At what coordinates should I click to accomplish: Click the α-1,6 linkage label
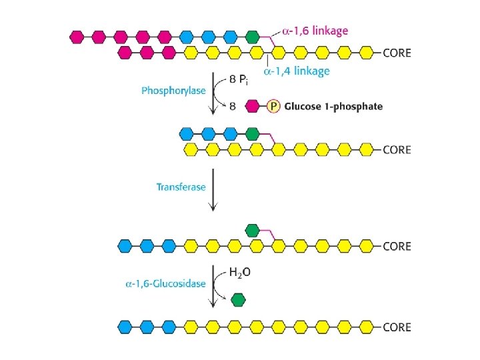[315, 31]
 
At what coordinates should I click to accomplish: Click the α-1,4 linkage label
[296, 71]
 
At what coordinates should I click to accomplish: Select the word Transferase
[181, 187]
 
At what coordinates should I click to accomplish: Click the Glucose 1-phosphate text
[334, 106]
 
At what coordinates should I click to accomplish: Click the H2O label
[241, 272]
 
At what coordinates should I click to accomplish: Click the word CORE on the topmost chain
[397, 52]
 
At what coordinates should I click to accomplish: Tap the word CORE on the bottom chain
[397, 327]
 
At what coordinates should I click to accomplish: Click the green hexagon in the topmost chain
[252, 36]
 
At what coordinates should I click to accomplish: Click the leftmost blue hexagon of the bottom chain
[124, 327]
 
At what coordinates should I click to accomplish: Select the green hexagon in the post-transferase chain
[252, 231]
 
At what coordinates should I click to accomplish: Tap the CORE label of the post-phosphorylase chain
[397, 149]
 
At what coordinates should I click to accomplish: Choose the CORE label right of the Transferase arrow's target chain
[397, 246]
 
